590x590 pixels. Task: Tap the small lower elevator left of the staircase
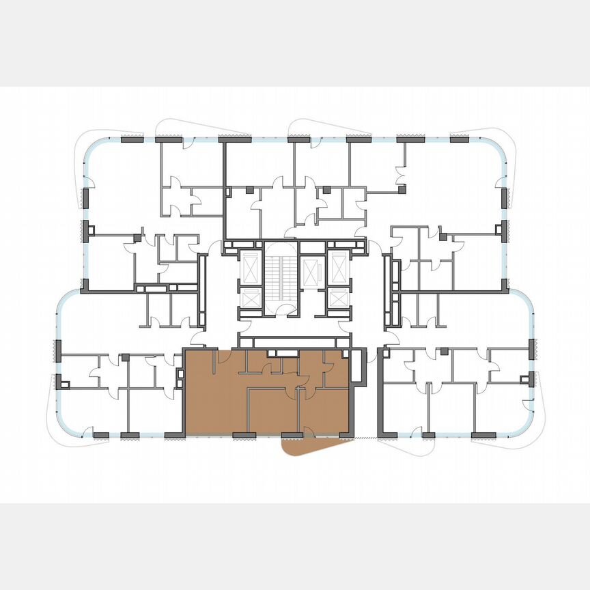pos(251,299)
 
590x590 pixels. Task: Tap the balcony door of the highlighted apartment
pos(308,432)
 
